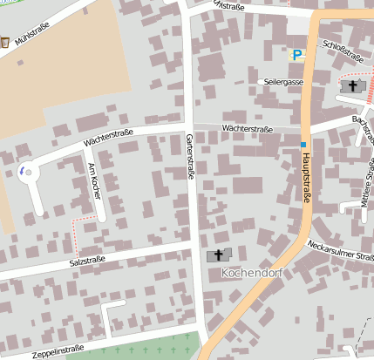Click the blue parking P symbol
coord(297,54)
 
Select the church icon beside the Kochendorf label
coord(215,255)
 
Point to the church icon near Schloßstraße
coord(355,86)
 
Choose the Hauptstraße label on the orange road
coord(306,174)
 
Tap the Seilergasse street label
coord(282,82)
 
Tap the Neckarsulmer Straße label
coord(341,251)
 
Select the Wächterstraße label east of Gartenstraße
coord(247,129)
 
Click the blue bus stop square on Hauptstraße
coord(303,144)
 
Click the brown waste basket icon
coord(5,41)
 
